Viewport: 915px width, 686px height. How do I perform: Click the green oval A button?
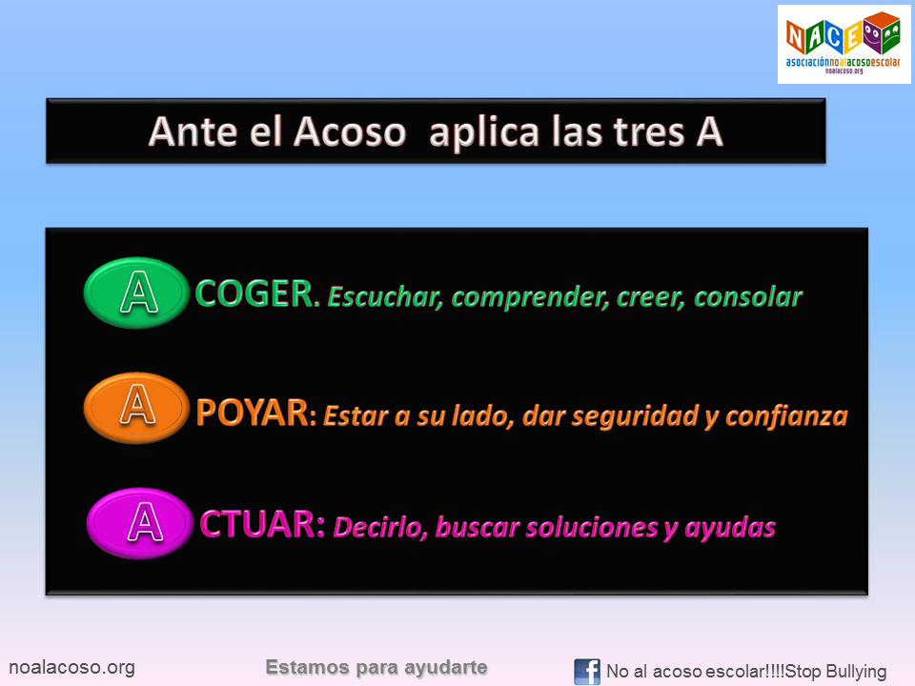(x=137, y=293)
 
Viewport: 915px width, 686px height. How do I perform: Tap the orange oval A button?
(x=137, y=408)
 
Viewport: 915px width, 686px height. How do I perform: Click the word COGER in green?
(x=254, y=295)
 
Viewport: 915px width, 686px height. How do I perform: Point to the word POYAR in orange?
(x=253, y=414)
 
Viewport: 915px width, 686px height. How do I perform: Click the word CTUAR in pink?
(x=263, y=525)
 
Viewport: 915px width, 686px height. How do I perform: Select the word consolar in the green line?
(x=747, y=296)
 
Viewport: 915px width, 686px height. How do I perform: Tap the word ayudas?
(x=729, y=527)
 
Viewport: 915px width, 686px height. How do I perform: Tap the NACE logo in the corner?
(x=839, y=44)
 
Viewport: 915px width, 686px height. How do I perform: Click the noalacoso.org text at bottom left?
(x=71, y=668)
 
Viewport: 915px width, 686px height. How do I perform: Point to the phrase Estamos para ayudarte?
(x=376, y=668)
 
